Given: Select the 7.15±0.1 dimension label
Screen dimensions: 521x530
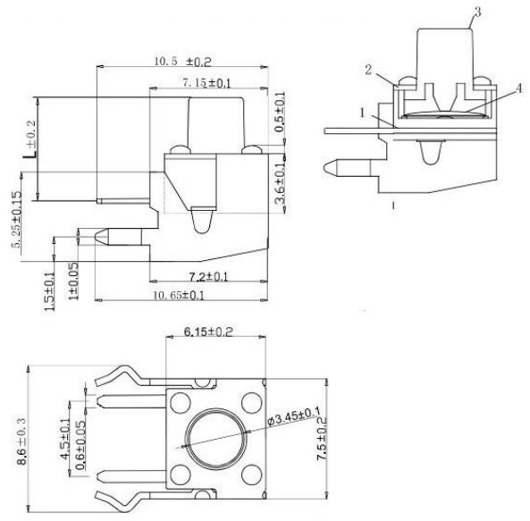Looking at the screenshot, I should [207, 82].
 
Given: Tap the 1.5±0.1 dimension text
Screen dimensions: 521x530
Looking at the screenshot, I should [49, 290].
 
